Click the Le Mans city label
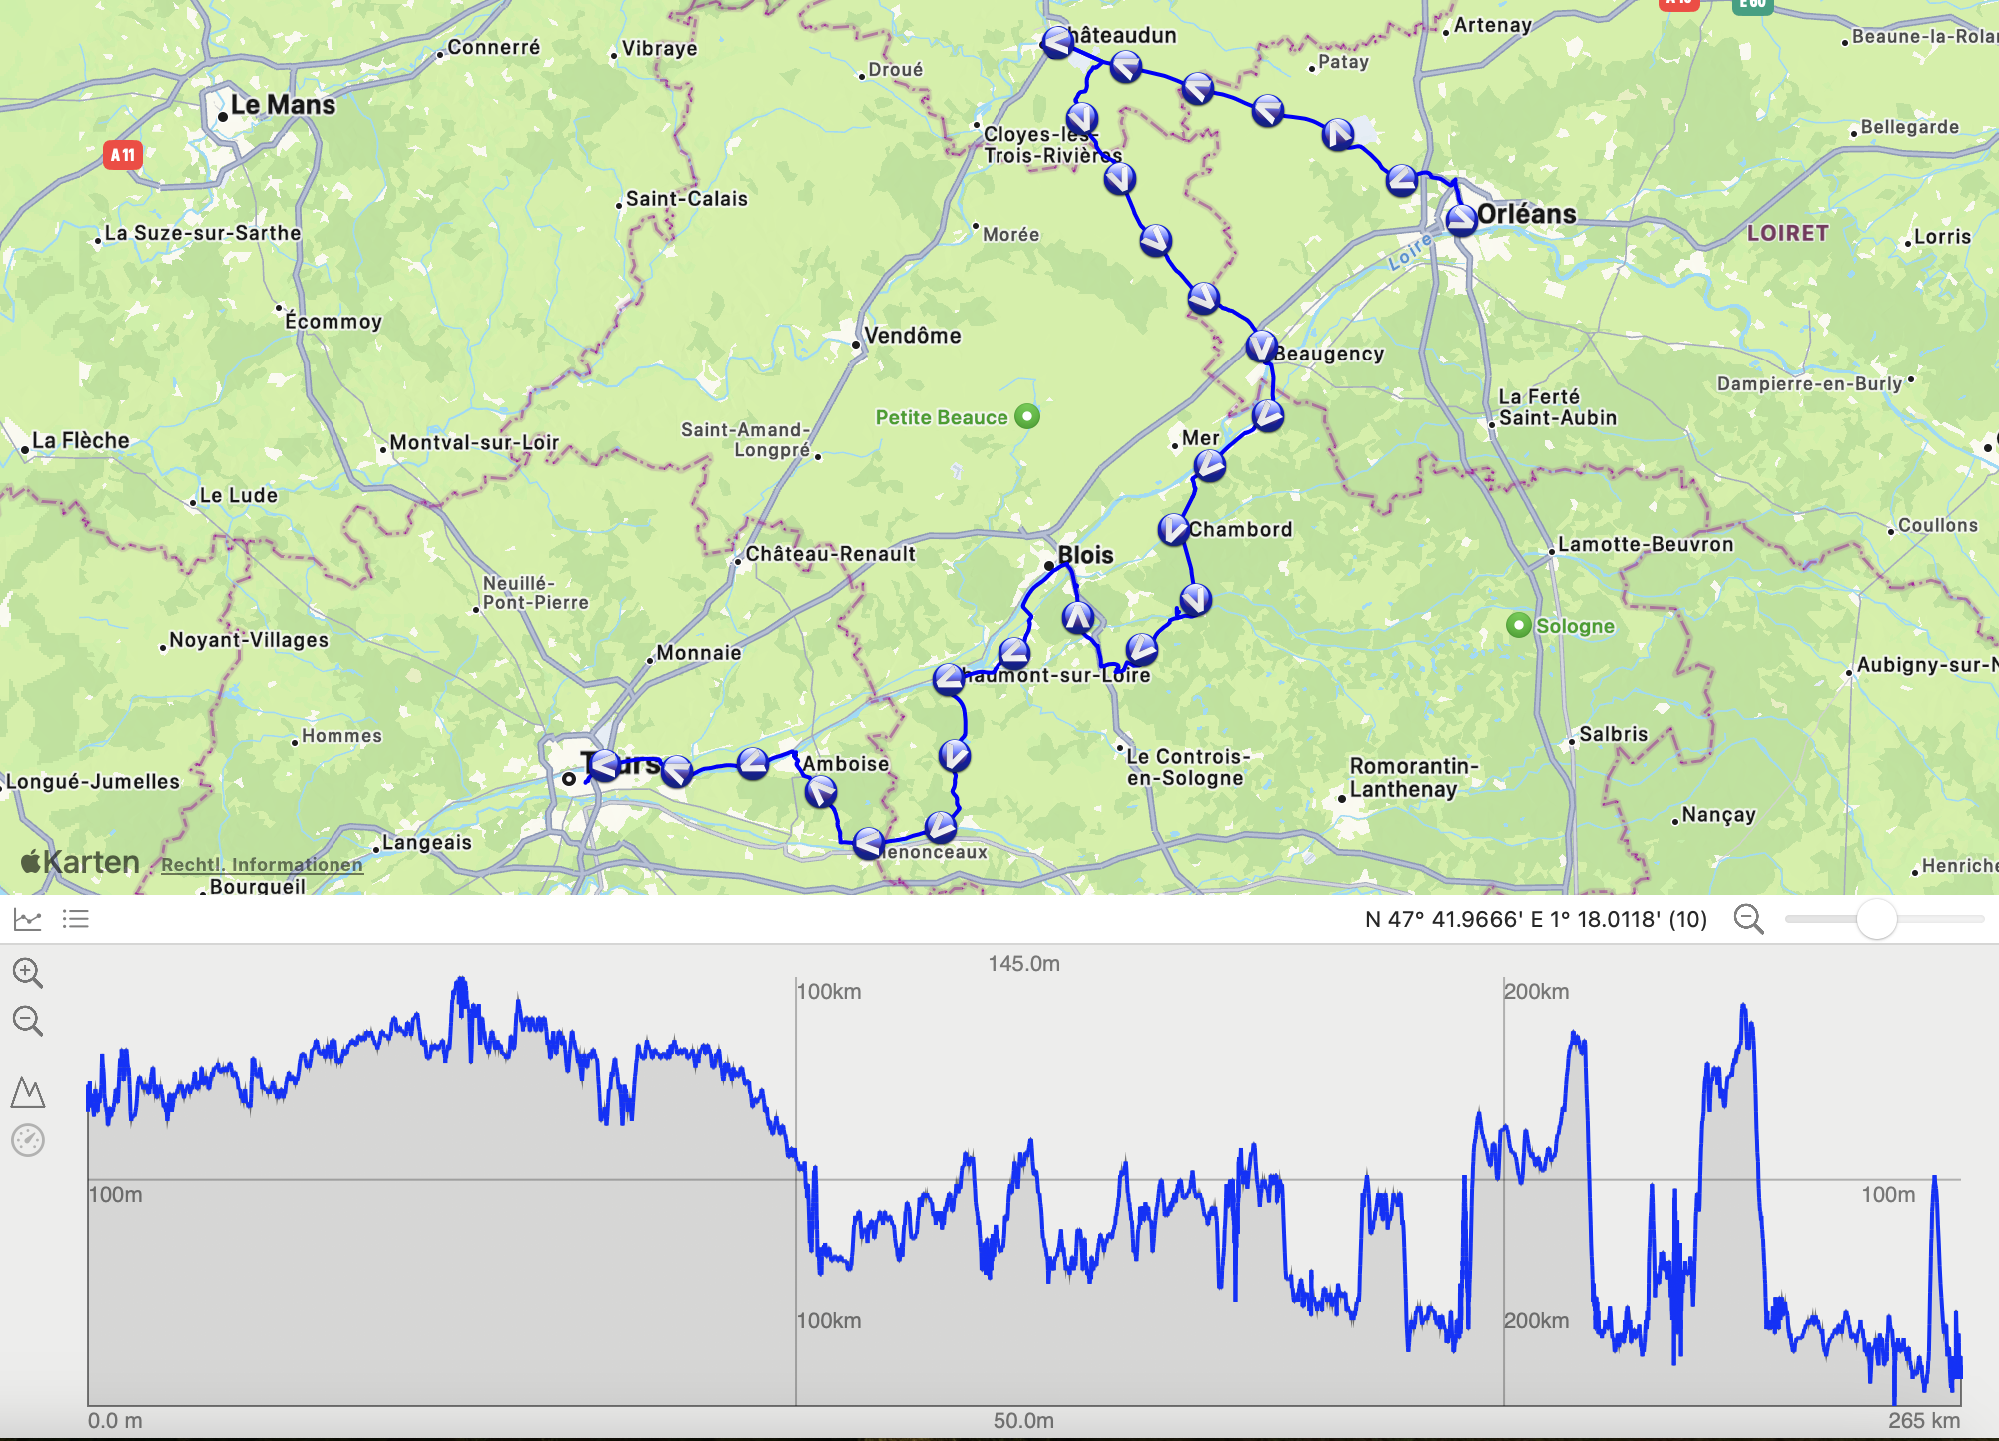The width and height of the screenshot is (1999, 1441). pos(282,105)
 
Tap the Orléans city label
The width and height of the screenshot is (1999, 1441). pos(1525,214)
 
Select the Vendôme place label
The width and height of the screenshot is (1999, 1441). pos(912,336)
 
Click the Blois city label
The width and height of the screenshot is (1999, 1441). pos(1084,555)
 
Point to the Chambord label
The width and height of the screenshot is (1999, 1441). pos(1240,530)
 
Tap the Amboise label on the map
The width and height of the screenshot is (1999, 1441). pos(845,764)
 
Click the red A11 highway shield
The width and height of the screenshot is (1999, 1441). pos(122,155)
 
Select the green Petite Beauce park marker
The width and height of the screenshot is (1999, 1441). pos(1027,416)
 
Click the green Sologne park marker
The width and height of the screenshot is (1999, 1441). pos(1518,626)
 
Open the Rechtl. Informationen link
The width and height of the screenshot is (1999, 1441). pos(262,865)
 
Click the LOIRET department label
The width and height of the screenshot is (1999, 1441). pos(1787,233)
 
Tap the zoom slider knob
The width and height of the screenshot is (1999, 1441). pos(1876,919)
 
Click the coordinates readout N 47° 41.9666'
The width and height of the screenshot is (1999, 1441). pos(1535,919)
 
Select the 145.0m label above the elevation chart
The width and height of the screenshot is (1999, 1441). pos(1023,964)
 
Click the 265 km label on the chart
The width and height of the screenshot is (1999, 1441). pos(1923,1421)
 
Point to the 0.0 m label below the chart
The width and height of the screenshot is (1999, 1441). pos(115,1421)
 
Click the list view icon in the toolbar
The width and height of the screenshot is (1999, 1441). pos(76,919)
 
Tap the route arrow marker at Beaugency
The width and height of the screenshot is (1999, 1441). pos(1262,347)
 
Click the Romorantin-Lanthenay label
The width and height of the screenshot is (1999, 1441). pos(1412,777)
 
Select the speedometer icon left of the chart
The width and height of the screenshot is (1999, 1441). pos(28,1140)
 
